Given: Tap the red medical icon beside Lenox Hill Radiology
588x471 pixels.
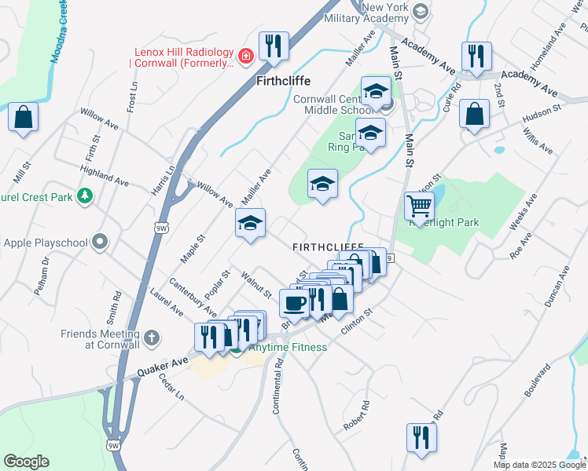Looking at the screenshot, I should [246, 56].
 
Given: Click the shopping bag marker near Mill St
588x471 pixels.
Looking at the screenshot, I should [24, 118].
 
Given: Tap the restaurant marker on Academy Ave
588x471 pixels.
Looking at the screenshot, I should [476, 56].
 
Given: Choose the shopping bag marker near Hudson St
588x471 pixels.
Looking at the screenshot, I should [476, 113].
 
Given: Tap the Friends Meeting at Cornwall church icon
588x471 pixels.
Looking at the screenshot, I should [153, 338].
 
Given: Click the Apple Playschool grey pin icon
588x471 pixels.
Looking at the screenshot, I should [100, 242].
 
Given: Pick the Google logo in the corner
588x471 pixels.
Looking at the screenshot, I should [26, 462].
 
